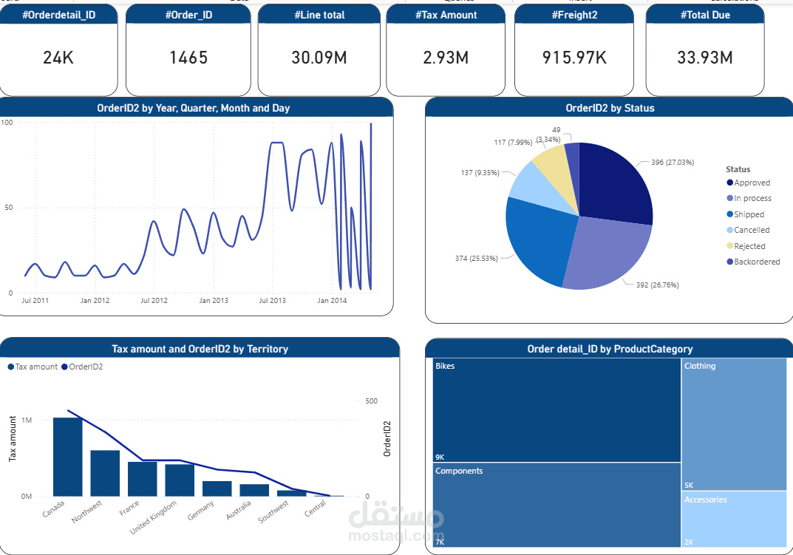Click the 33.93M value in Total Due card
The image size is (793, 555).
tap(704, 58)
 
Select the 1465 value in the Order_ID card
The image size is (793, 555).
tap(188, 58)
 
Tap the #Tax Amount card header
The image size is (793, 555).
tap(446, 15)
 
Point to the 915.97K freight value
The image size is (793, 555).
tap(574, 58)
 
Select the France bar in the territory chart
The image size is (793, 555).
tap(142, 478)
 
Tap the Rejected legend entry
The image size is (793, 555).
tap(749, 246)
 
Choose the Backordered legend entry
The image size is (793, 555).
tap(757, 262)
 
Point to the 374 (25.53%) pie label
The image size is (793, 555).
tap(476, 259)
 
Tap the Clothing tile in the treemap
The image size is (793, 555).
tap(734, 424)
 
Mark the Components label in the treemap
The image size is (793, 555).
tap(459, 471)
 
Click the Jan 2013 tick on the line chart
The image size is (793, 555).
tap(214, 301)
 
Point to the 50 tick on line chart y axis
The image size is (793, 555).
tap(8, 208)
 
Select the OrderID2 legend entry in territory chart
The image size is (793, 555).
tap(86, 367)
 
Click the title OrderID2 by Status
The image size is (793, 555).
tap(610, 108)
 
